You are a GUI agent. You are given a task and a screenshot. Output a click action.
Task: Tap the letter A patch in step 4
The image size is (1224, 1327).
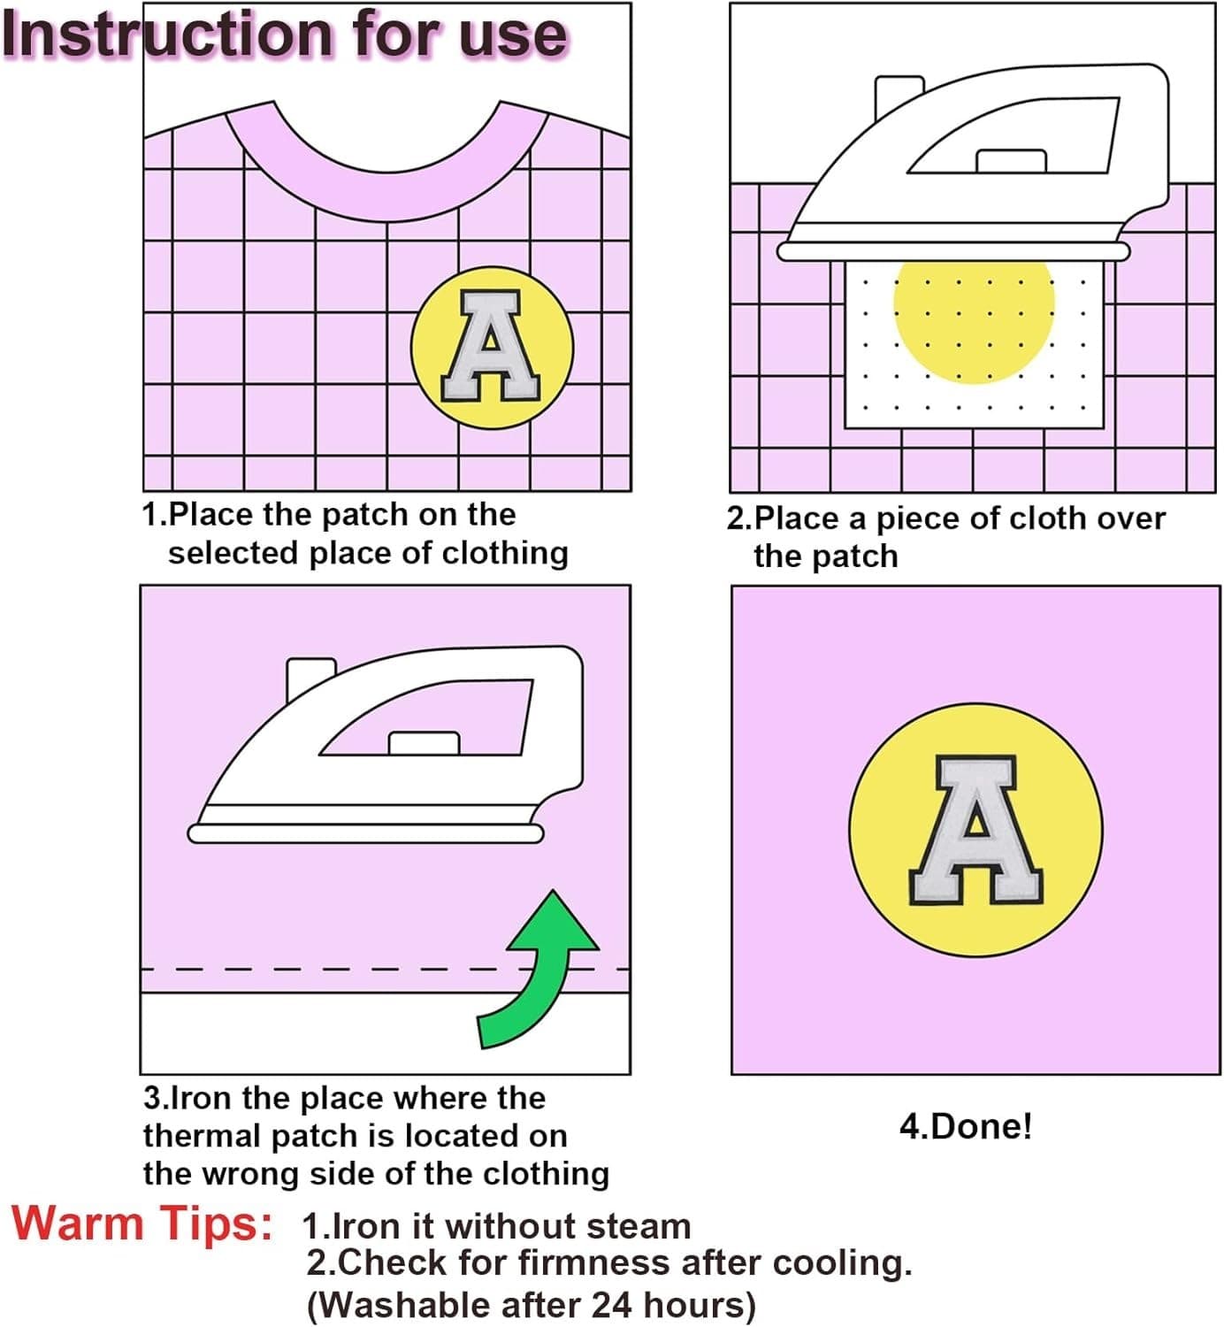pos(975,830)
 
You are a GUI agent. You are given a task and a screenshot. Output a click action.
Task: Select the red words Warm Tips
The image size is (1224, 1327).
pos(142,1223)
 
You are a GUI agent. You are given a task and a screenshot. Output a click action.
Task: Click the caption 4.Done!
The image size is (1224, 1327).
pos(966,1126)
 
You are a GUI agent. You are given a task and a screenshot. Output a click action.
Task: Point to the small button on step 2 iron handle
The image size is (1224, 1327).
pos(1011,160)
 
